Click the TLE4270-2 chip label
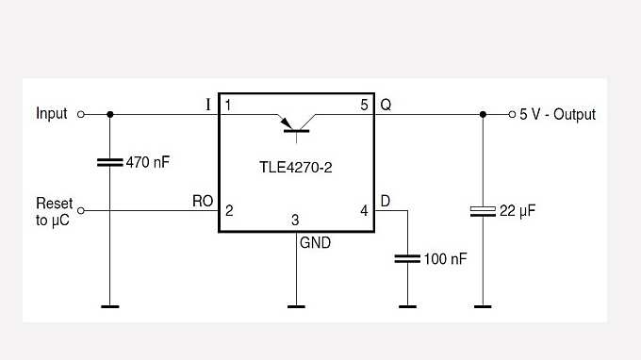point(296,168)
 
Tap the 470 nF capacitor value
point(148,162)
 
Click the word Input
point(52,114)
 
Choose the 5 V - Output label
point(557,114)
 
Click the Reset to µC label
point(54,211)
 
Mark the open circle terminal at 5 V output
point(511,114)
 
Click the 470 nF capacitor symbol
point(110,162)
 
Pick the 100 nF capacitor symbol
point(407,257)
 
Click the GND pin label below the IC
point(315,242)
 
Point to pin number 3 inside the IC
point(296,221)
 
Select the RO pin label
point(203,202)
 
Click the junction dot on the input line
point(110,114)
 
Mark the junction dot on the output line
point(483,114)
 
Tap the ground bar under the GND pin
point(296,305)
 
